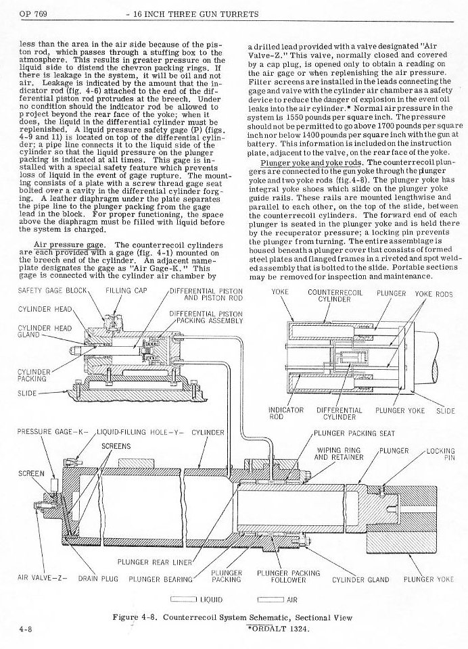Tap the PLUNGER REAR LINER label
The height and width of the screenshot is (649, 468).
(156, 561)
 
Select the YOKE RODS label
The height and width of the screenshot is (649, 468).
(434, 294)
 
